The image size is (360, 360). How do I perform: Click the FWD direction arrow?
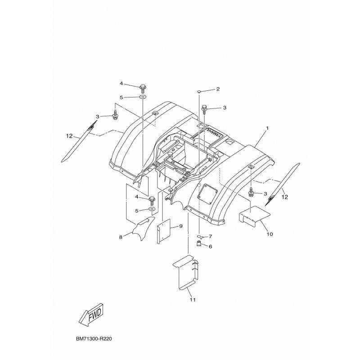click(x=92, y=314)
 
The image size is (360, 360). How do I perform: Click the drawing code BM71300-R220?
click(x=94, y=339)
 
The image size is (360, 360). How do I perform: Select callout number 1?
click(x=267, y=128)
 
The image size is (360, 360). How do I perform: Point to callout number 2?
click(x=218, y=89)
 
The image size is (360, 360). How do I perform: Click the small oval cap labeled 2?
click(x=199, y=92)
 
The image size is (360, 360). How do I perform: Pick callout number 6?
click(x=210, y=246)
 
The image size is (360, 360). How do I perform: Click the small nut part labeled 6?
click(x=199, y=243)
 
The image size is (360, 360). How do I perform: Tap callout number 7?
click(x=210, y=236)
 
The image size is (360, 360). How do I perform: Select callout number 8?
click(x=121, y=237)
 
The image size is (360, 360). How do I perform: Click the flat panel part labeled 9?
click(x=163, y=231)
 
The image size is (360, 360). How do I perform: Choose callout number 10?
click(x=270, y=234)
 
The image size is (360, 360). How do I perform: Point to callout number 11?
click(x=193, y=300)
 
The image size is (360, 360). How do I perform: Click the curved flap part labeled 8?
click(x=143, y=228)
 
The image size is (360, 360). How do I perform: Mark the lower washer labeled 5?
click(x=152, y=209)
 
